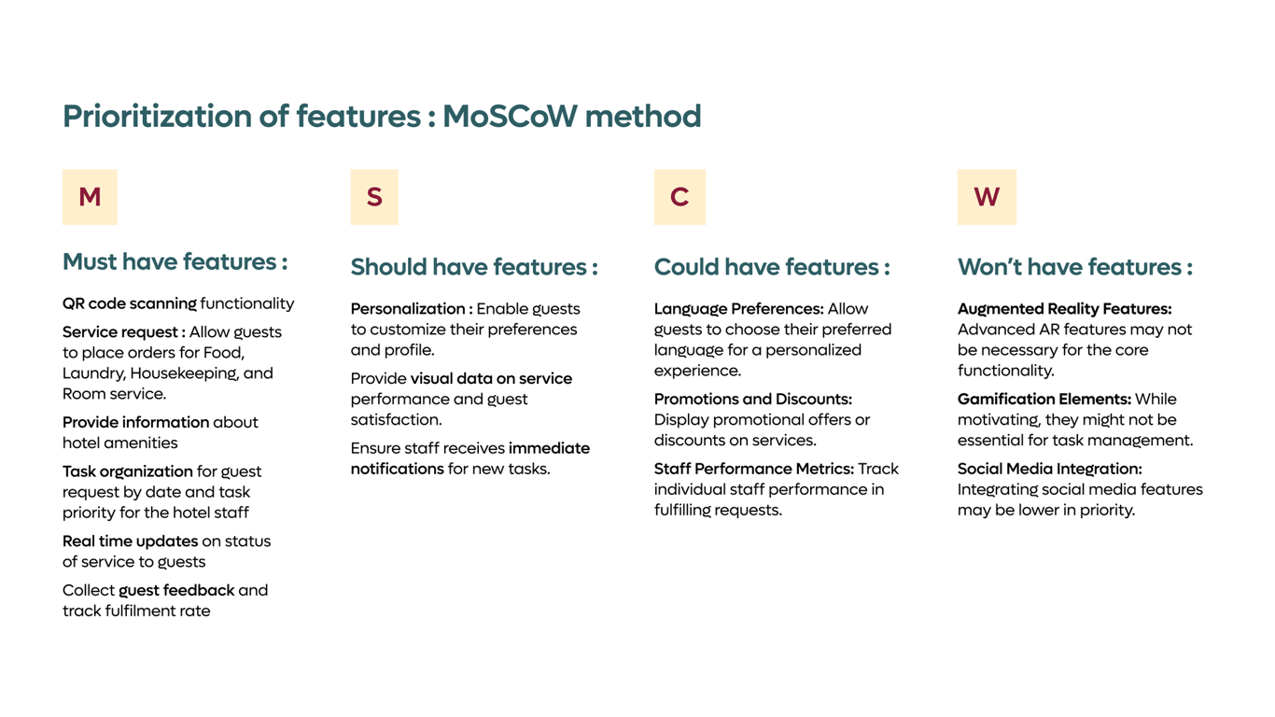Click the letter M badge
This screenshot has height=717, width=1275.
point(90,197)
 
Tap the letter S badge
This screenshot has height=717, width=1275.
point(374,197)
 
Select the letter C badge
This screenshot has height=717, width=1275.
point(680,197)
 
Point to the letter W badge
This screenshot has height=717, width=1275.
point(987,197)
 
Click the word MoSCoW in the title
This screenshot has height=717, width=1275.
point(510,116)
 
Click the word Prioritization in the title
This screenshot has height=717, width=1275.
point(157,117)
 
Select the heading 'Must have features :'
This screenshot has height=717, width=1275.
point(175,262)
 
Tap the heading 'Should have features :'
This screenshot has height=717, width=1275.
point(474,267)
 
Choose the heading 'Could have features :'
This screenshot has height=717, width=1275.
point(772,267)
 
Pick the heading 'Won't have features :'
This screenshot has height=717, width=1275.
point(1075,267)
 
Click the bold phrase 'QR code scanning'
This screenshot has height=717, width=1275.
point(130,303)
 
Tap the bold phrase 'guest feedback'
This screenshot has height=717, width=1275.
point(176,591)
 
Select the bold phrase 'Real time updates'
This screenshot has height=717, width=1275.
point(131,541)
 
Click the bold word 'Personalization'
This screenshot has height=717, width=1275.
point(408,309)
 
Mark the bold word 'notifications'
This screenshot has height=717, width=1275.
point(398,469)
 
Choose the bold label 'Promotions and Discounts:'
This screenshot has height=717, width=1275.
point(753,400)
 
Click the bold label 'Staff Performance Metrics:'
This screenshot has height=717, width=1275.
point(754,470)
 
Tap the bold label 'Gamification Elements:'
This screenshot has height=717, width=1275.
point(1044,400)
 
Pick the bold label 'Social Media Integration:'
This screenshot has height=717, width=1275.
point(1050,470)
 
